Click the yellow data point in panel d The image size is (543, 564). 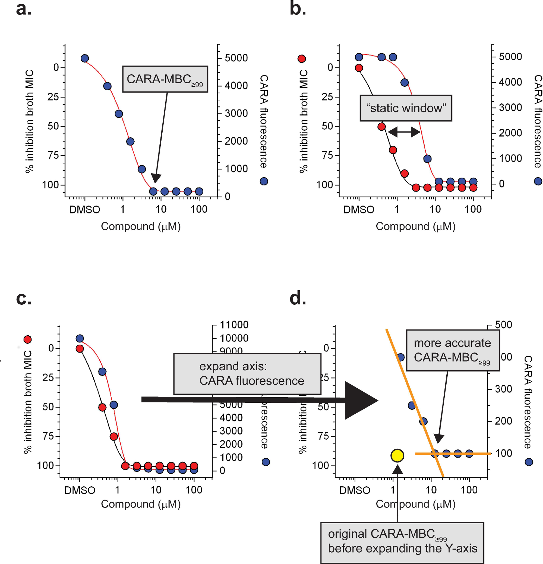click(397, 455)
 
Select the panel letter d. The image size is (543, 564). click(298, 298)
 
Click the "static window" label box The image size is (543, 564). click(405, 108)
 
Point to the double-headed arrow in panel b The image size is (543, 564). click(404, 132)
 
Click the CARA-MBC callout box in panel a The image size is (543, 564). click(165, 79)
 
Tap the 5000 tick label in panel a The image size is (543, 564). click(236, 58)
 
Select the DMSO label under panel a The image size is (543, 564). click(84, 209)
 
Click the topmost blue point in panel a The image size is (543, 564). click(85, 58)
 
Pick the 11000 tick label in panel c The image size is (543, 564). click(234, 324)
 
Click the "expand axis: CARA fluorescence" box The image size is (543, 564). click(247, 373)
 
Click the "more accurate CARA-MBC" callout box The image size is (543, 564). click(452, 350)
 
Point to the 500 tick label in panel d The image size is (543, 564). click(503, 324)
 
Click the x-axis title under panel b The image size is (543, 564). click(415, 226)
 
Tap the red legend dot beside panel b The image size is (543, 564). click(301, 59)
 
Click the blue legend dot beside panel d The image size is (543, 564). click(529, 462)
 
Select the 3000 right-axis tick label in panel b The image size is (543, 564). click(510, 107)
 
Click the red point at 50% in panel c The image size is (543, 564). click(102, 407)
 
